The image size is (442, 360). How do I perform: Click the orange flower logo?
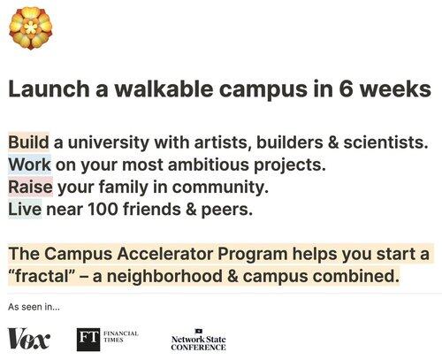[x=31, y=28]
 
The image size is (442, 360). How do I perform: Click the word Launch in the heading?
[x=49, y=88]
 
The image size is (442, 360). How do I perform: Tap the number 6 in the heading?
[x=346, y=88]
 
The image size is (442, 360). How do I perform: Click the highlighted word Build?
[x=28, y=142]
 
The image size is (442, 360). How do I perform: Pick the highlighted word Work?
[x=29, y=165]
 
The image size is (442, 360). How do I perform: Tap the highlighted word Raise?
[x=30, y=187]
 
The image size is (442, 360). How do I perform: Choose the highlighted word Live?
[x=25, y=209]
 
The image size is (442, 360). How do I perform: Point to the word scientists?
[x=385, y=142]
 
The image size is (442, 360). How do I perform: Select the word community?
[x=220, y=188]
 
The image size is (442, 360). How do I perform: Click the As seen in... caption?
[x=34, y=307]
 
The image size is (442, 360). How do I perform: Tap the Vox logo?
[x=28, y=338]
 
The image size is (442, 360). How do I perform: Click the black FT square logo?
[x=88, y=340]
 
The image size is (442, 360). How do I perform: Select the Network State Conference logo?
[x=198, y=340]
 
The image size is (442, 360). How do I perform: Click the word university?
[x=109, y=143]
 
